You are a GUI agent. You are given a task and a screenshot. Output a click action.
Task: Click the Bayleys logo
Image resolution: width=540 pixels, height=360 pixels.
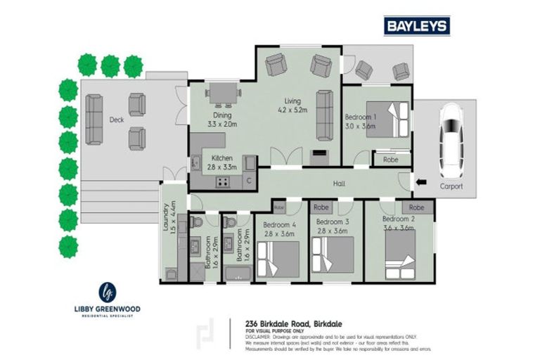point(416,26)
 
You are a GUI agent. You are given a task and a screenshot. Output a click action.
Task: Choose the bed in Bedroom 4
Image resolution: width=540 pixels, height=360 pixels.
point(278,259)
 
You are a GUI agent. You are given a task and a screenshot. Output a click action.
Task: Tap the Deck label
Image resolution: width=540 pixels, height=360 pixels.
point(117,120)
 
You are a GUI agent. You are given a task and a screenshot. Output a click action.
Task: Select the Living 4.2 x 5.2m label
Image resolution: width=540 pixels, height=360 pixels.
point(293,105)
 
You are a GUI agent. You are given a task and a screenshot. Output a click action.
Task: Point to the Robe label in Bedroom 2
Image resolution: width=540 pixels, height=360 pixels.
point(416,207)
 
